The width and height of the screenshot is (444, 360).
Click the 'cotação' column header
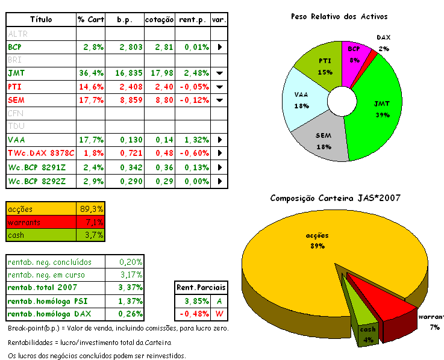tap(160, 20)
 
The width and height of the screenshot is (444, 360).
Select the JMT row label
tap(16, 73)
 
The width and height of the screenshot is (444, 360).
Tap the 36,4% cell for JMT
tap(92, 73)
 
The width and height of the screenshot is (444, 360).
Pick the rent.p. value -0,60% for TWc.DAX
tap(193, 154)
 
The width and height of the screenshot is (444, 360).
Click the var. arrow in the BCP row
tap(219, 46)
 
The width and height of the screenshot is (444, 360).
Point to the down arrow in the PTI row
tap(219, 87)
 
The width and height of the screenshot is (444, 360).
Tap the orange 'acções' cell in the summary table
tap(42, 209)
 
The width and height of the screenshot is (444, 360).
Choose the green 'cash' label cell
tap(42, 235)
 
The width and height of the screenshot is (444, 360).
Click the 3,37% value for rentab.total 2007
tap(131, 288)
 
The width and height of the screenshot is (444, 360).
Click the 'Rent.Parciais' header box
tap(198, 287)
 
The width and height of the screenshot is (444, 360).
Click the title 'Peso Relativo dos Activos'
tap(339, 16)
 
